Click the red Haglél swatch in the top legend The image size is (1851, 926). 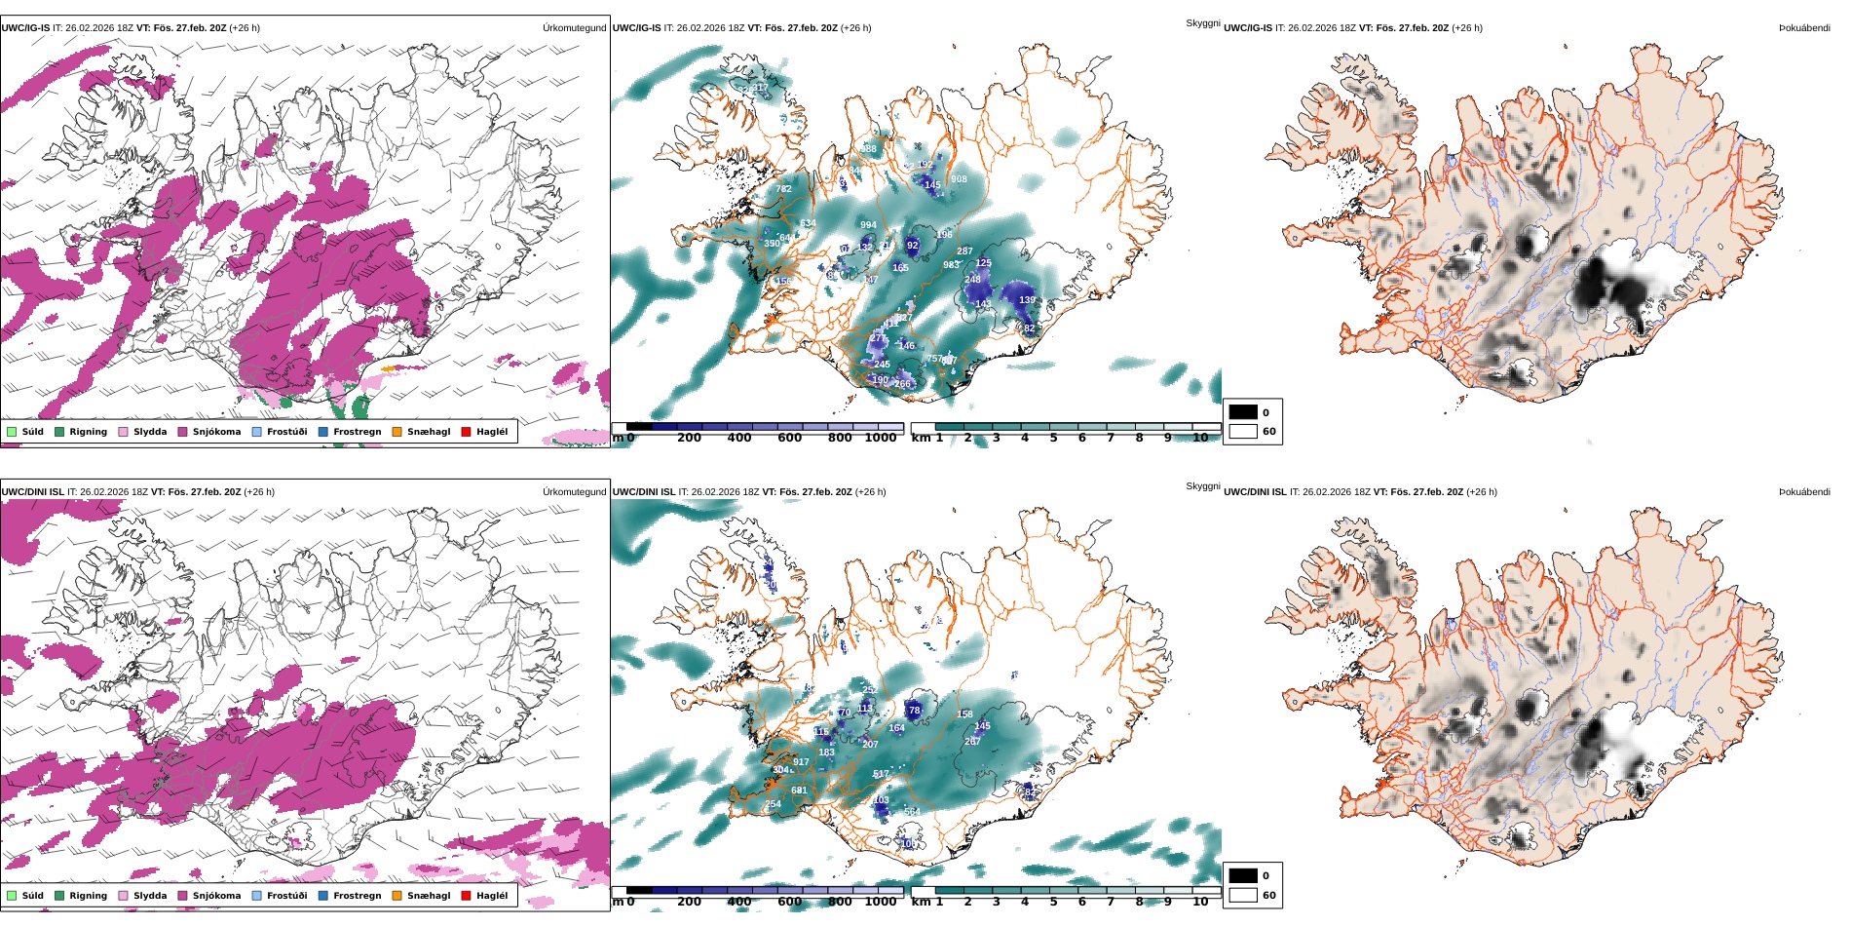pyautogui.click(x=466, y=432)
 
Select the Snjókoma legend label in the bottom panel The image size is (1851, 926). pyautogui.click(x=216, y=896)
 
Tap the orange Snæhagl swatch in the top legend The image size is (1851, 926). pyautogui.click(x=397, y=432)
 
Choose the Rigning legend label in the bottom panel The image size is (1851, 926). pyautogui.click(x=88, y=896)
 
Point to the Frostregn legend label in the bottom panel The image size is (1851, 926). pyautogui.click(x=357, y=896)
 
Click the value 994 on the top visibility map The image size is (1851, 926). pyautogui.click(x=868, y=225)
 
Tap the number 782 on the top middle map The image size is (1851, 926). pyautogui.click(x=783, y=189)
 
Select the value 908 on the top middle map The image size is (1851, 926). pyautogui.click(x=959, y=179)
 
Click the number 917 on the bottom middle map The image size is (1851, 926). pyautogui.click(x=801, y=762)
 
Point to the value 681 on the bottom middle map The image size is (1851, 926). pyautogui.click(x=799, y=791)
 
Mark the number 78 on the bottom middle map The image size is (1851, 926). pyautogui.click(x=914, y=711)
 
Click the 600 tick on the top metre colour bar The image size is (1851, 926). pyautogui.click(x=789, y=438)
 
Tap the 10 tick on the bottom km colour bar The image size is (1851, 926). pyautogui.click(x=1200, y=902)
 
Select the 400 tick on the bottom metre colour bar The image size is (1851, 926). pyautogui.click(x=739, y=902)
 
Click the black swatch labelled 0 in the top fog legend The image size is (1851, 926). pyautogui.click(x=1243, y=412)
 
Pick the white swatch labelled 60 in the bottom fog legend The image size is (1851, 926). pyautogui.click(x=1243, y=895)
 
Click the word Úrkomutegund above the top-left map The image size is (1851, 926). pyautogui.click(x=574, y=28)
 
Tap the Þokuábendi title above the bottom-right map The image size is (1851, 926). pyautogui.click(x=1804, y=492)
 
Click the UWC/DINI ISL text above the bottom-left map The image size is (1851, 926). pyautogui.click(x=32, y=492)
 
